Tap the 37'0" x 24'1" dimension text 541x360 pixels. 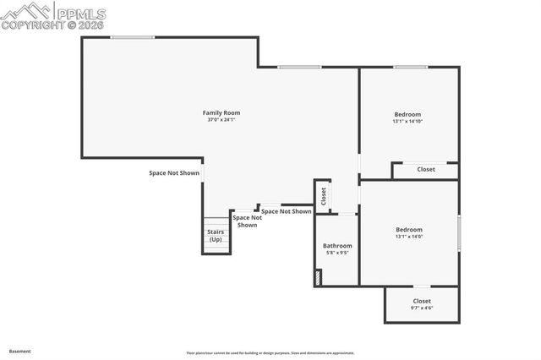221,120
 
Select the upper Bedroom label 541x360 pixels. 407,114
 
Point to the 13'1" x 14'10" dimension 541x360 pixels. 407,122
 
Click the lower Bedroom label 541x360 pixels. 409,229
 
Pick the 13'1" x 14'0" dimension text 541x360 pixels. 409,237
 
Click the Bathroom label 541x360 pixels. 337,245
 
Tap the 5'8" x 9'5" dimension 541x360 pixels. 337,253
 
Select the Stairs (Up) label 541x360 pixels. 216,235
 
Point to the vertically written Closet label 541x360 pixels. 323,196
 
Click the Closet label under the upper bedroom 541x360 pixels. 426,169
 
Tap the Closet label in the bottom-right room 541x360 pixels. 421,301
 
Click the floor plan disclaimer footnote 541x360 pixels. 270,353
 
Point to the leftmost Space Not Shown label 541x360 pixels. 174,173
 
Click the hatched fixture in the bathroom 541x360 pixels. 318,276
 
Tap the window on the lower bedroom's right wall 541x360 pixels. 459,232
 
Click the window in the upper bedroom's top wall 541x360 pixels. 409,68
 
